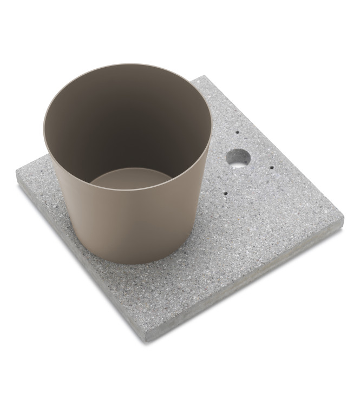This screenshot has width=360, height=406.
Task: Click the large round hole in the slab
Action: [x=238, y=158]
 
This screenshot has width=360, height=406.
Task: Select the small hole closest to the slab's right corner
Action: [x=271, y=168]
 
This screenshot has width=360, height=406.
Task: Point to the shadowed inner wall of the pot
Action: [x=125, y=119]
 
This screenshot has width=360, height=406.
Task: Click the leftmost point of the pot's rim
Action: [x=44, y=127]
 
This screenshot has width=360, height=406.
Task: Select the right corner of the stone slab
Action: [x=343, y=219]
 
